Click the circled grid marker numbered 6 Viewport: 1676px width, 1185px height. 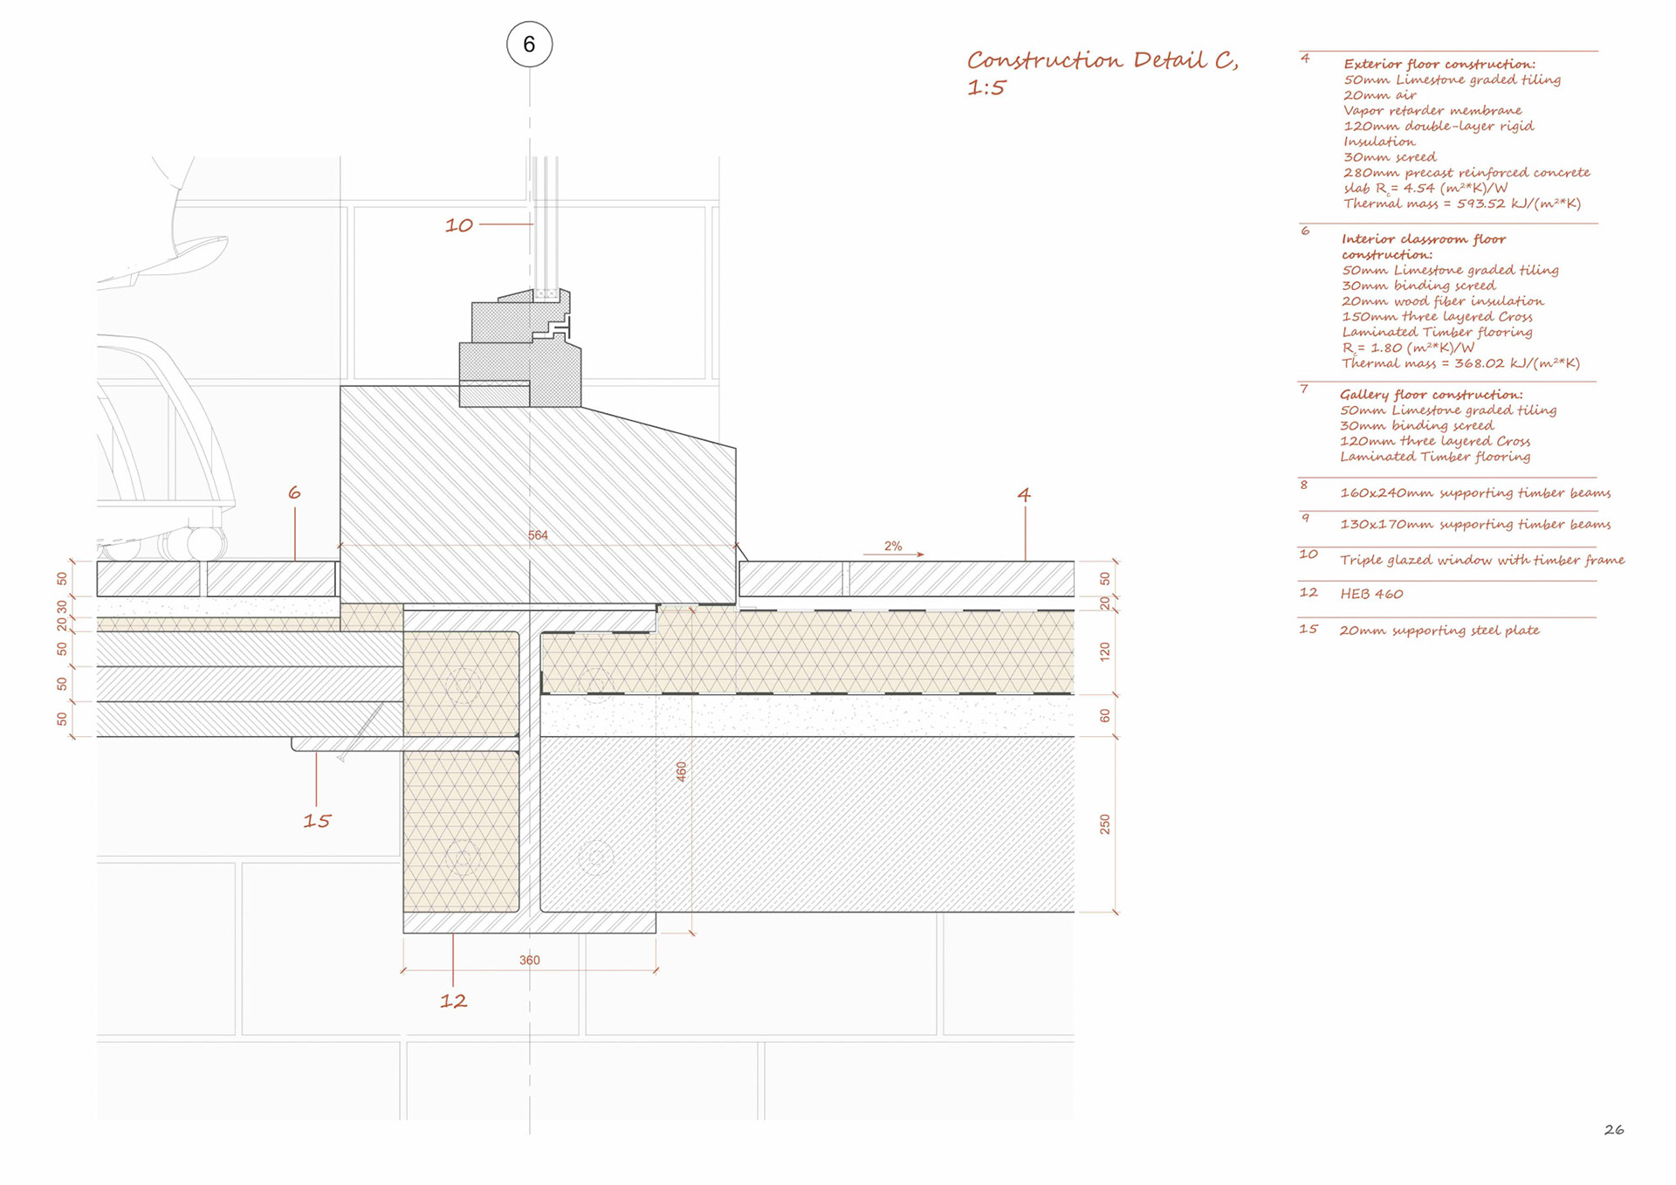pos(529,45)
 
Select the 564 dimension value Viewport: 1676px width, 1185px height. pos(538,535)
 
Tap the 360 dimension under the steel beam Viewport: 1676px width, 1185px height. pos(529,961)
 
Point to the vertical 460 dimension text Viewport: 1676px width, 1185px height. pos(682,771)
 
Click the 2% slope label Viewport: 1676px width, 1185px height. pos(893,547)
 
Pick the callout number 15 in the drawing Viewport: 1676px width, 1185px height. pos(317,821)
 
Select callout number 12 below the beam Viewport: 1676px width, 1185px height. pos(453,1002)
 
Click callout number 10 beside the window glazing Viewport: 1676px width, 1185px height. pos(459,225)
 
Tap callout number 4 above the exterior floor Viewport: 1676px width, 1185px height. pos(1024,494)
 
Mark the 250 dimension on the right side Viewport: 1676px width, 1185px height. pos(1105,824)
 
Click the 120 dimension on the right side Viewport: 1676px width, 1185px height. pos(1105,651)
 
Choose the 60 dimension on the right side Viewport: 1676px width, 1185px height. pos(1105,716)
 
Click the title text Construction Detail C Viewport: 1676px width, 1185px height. pos(1102,61)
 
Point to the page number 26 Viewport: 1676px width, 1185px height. pos(1614,1130)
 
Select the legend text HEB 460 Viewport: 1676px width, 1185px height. pos(1371,594)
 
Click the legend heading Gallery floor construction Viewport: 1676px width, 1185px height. pos(1431,395)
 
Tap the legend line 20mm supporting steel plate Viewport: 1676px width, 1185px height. pos(1439,630)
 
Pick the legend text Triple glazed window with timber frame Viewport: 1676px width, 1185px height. pos(1482,560)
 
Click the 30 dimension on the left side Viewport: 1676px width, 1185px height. pos(62,607)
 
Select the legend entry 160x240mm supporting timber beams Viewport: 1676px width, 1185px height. pos(1475,493)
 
